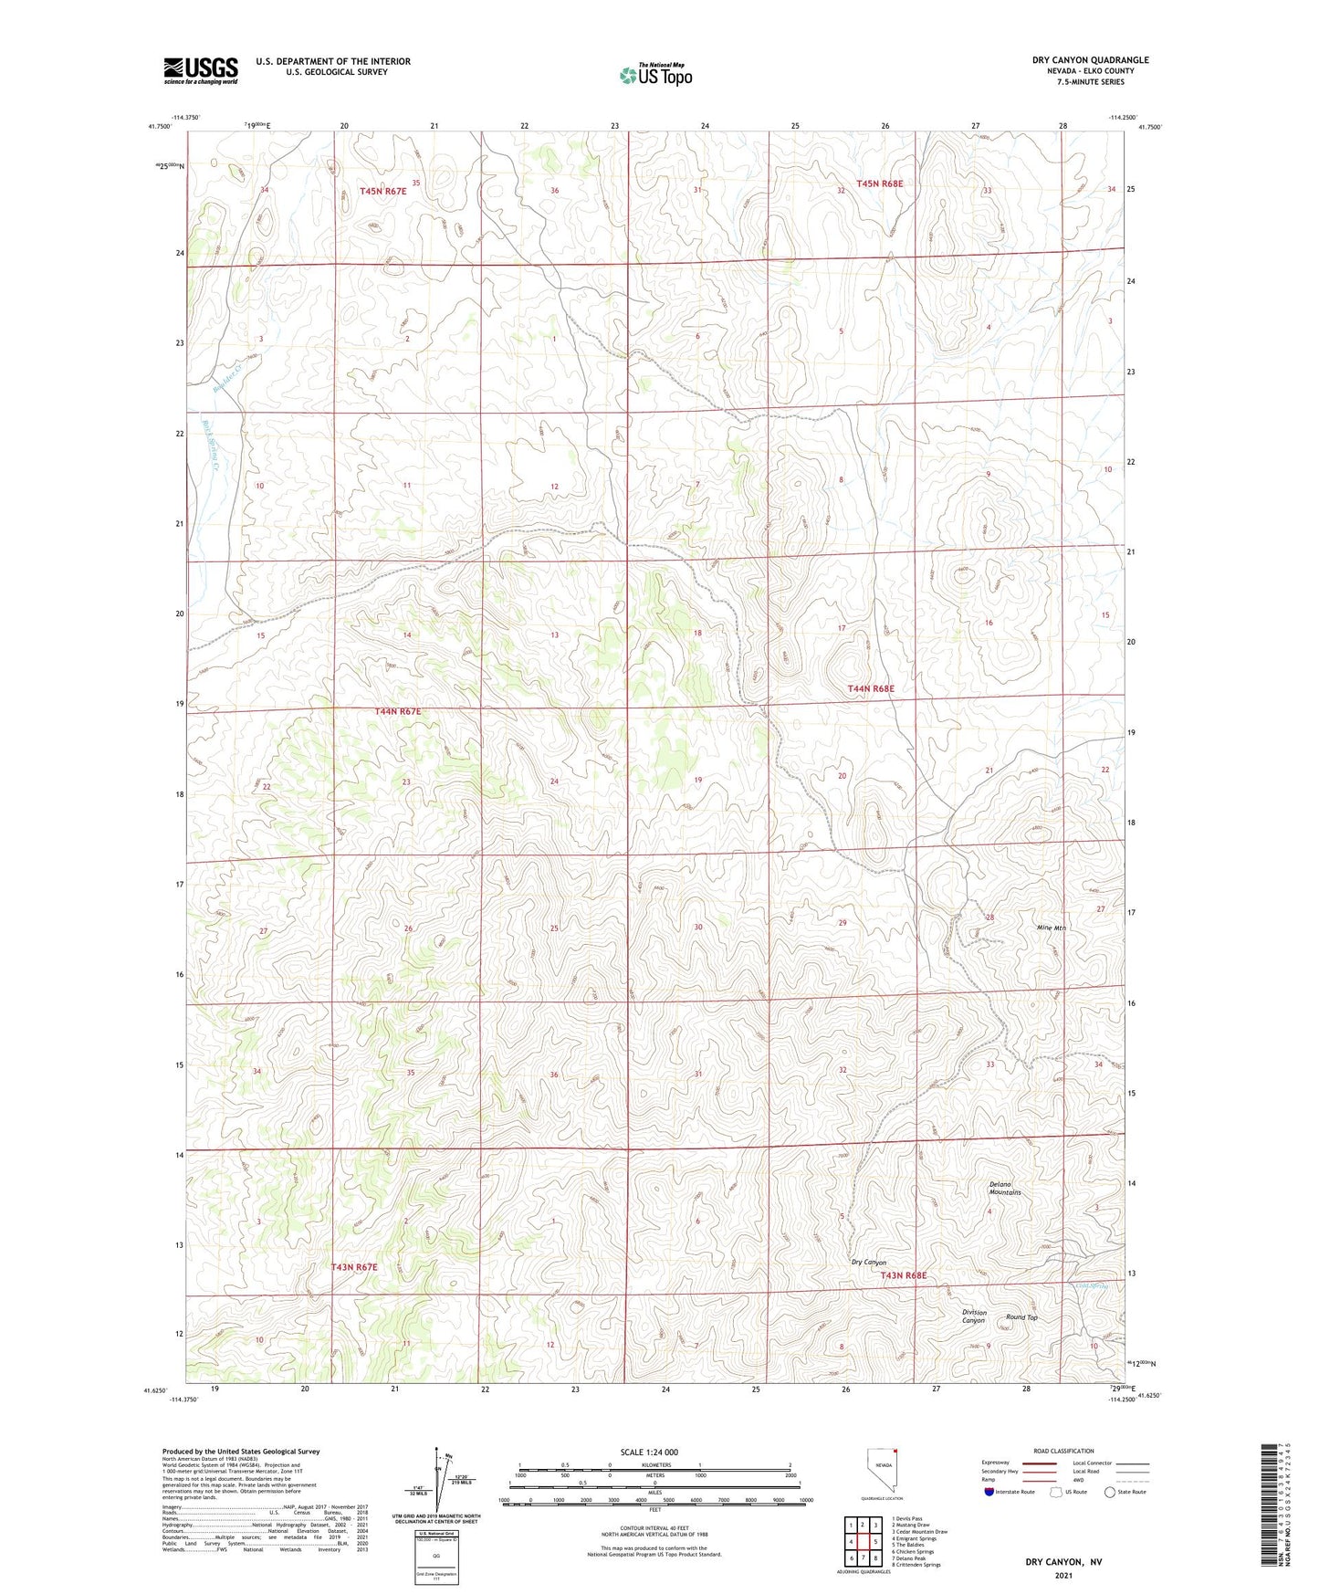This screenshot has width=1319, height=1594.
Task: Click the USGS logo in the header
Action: (201, 70)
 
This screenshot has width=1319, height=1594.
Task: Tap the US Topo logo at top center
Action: (655, 75)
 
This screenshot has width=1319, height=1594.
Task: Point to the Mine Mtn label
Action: (1052, 928)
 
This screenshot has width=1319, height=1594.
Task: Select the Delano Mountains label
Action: (1005, 1189)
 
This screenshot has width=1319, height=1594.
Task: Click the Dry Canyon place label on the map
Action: (868, 1263)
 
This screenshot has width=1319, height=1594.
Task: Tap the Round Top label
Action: (1021, 1317)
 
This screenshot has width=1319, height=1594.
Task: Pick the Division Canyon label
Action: (974, 1316)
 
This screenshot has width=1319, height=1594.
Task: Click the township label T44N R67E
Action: (398, 711)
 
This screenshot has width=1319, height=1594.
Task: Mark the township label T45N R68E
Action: (879, 184)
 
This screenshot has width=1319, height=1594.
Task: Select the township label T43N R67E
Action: (354, 1267)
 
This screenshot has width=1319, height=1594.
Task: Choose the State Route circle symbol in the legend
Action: (1109, 1492)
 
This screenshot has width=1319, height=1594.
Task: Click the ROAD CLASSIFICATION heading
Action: (1063, 1451)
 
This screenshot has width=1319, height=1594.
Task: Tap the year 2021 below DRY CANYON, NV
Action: (1063, 1576)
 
